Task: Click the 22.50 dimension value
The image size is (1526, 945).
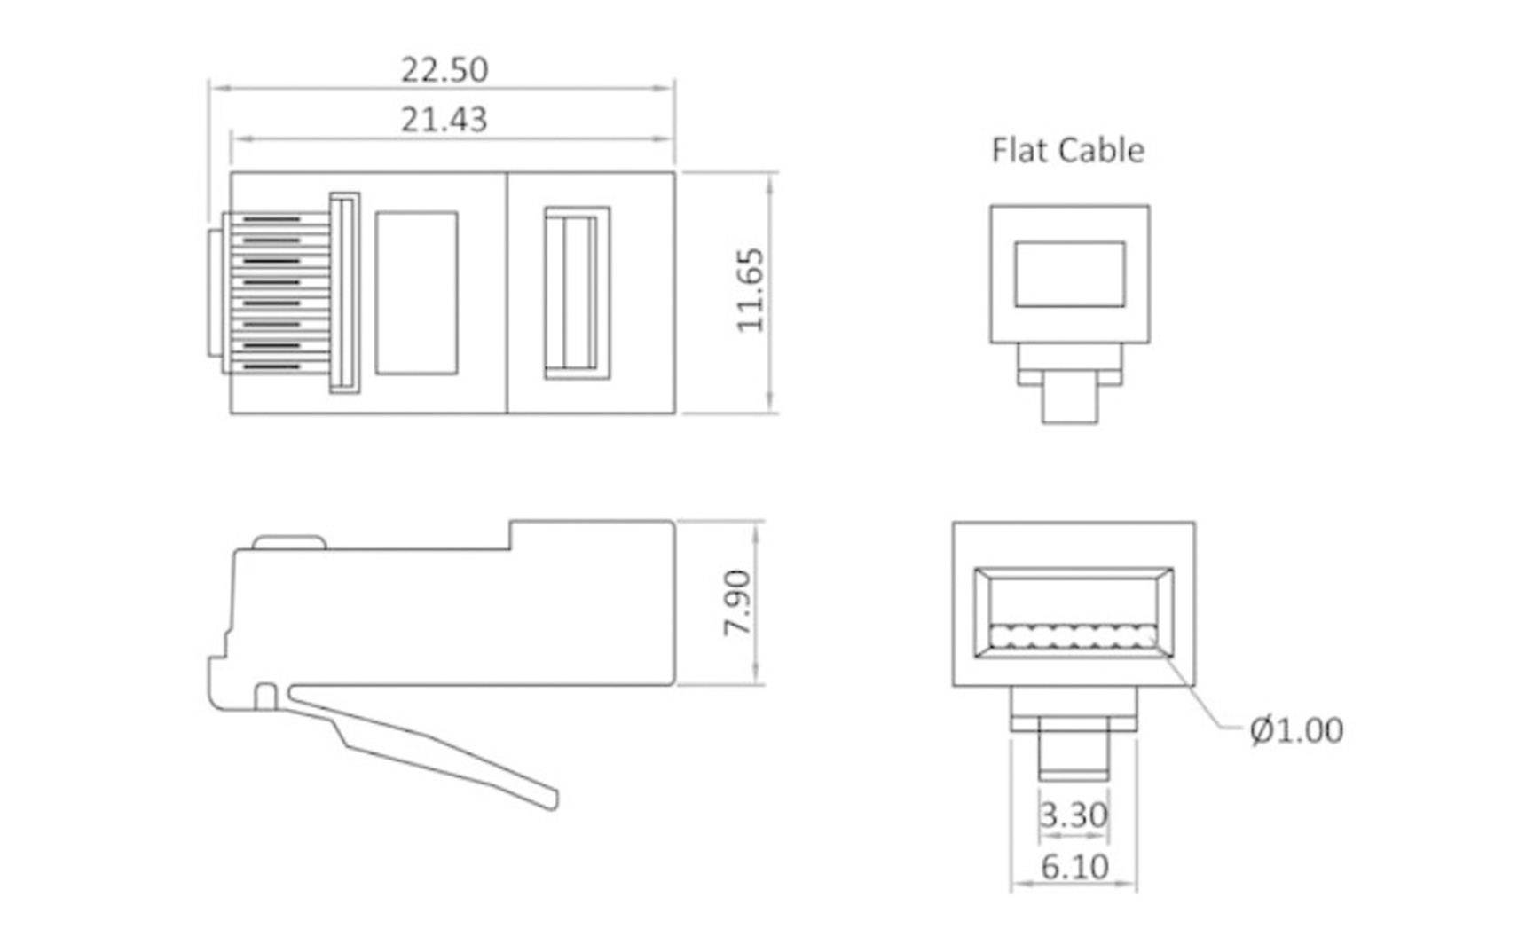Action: (x=444, y=70)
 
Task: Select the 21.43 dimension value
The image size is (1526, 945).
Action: (x=444, y=120)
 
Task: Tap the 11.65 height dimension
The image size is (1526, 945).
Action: (x=751, y=290)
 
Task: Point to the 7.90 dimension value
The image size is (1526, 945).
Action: (x=737, y=602)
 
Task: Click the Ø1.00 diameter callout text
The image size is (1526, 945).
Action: (x=1296, y=730)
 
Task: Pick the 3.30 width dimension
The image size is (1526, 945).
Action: (x=1074, y=815)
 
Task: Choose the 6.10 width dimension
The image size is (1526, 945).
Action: (x=1074, y=867)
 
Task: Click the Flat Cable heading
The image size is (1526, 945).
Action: (x=1067, y=150)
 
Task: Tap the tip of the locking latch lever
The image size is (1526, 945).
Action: (x=551, y=799)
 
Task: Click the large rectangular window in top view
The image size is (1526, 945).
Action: (x=416, y=293)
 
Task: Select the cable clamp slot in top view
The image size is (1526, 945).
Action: (x=577, y=293)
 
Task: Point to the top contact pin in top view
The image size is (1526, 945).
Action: (x=271, y=219)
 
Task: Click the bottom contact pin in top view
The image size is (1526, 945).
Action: (x=271, y=366)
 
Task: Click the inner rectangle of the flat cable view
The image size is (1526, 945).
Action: (x=1070, y=274)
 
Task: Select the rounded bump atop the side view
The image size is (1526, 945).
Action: (x=288, y=542)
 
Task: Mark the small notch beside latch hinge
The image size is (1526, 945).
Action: (x=265, y=697)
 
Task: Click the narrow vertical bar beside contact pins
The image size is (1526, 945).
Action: (x=344, y=293)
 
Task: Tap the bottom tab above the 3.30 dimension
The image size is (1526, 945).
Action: (x=1074, y=754)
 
